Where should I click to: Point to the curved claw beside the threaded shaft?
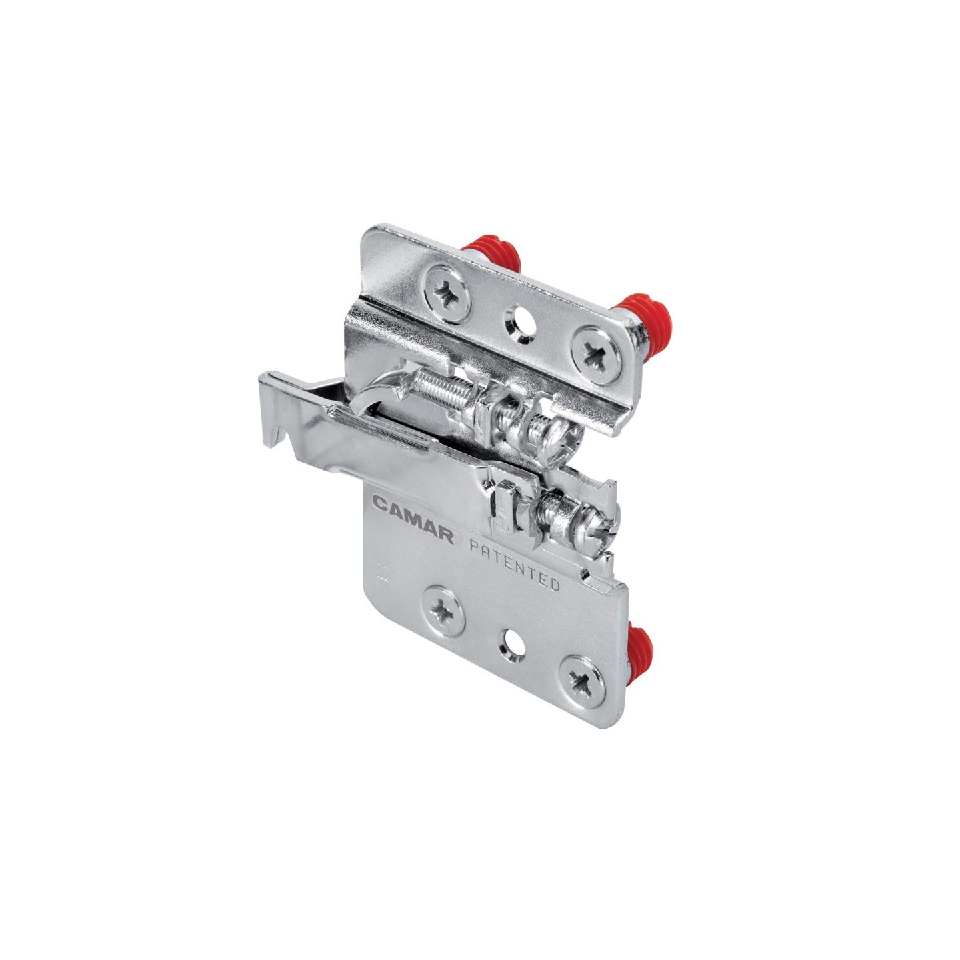[x=379, y=395]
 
